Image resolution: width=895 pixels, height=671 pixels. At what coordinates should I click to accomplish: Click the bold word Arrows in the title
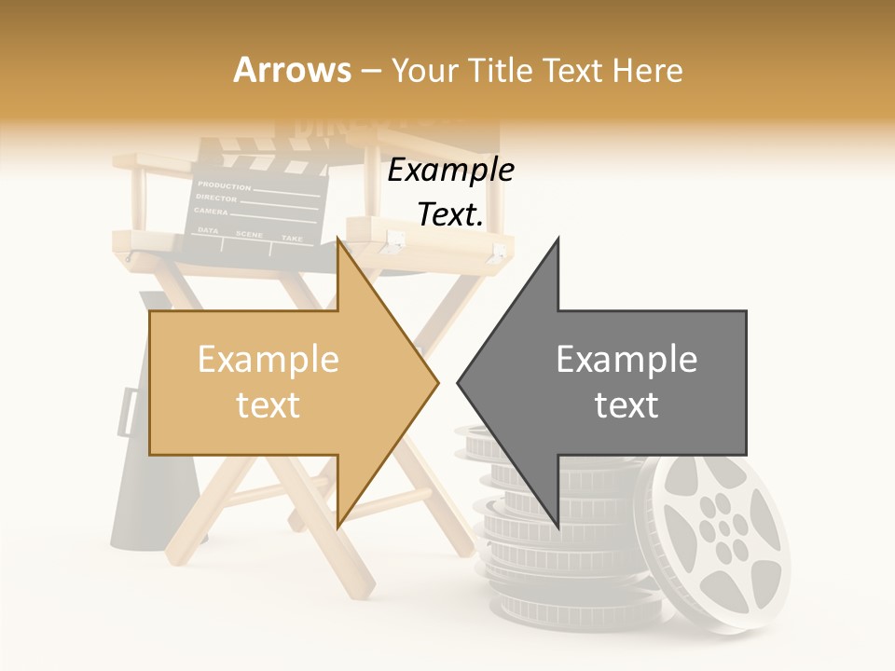[x=292, y=70]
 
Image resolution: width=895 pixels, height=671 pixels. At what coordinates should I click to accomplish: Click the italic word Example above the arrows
[x=450, y=171]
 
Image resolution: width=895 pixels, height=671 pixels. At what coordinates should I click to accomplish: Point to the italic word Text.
[x=450, y=214]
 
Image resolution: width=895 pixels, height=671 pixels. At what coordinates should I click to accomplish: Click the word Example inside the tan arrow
[x=268, y=359]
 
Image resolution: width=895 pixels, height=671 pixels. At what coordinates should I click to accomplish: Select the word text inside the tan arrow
[x=268, y=405]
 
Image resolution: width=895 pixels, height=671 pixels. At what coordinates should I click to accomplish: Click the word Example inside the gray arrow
[x=626, y=359]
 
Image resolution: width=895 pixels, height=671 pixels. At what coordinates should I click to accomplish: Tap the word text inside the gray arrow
[x=626, y=405]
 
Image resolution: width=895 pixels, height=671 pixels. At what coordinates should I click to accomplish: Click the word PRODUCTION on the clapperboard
[x=224, y=185]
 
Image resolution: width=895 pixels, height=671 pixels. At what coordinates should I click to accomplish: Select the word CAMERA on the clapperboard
[x=212, y=212]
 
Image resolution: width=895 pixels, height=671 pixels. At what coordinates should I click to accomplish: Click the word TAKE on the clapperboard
[x=292, y=239]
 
